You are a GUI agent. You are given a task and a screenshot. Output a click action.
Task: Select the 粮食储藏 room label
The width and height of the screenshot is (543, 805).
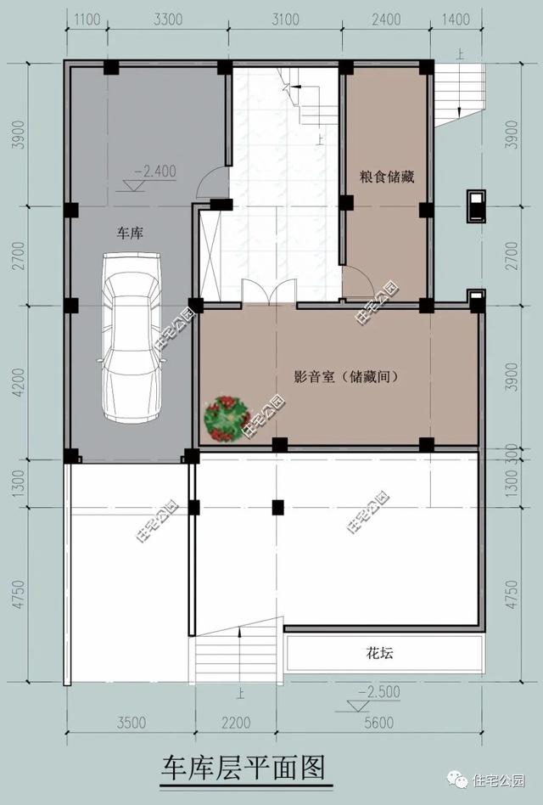point(386,177)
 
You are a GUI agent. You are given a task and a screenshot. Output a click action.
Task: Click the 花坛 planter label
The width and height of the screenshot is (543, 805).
point(380,654)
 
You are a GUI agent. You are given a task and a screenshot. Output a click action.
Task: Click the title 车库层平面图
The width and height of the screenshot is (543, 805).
point(244,769)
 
